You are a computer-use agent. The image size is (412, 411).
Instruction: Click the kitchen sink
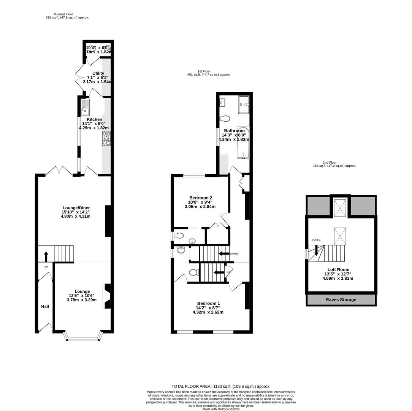point(85,107)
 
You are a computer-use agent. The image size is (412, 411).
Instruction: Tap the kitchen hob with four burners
point(106,138)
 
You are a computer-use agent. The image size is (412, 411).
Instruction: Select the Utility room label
point(98,73)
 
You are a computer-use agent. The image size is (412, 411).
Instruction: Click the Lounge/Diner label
point(76,208)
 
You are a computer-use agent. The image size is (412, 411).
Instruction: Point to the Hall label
point(45,307)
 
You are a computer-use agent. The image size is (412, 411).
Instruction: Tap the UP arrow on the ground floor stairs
point(46,256)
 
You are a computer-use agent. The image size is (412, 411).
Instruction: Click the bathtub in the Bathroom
point(243,143)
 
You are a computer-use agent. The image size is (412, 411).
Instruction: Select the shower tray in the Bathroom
point(244,104)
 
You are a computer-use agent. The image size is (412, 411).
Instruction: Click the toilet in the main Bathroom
point(225,118)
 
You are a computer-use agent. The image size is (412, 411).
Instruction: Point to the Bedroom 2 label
point(201,198)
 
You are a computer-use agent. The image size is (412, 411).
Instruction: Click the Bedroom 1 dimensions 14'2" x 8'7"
point(208,310)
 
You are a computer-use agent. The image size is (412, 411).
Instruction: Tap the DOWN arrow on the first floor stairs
point(224,253)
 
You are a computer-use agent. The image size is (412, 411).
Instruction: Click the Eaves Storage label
point(341,300)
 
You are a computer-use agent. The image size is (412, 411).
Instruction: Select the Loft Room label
point(338,269)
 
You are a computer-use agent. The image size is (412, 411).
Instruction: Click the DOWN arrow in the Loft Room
point(316,250)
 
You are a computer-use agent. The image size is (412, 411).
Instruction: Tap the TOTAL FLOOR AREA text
point(221,386)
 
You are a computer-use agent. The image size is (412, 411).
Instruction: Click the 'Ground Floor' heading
point(63,14)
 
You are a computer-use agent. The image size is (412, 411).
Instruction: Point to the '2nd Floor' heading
point(330,162)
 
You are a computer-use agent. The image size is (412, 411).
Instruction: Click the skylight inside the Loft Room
point(340,236)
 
